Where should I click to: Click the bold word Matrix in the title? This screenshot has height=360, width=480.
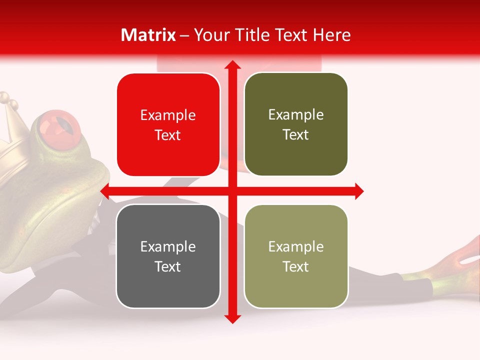tap(148, 35)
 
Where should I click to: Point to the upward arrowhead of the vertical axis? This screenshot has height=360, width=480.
tap(232, 65)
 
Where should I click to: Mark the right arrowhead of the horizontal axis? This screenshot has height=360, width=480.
tap(358, 191)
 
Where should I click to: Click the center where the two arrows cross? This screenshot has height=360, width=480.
tap(232, 191)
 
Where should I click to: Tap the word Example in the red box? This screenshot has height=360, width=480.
tap(168, 115)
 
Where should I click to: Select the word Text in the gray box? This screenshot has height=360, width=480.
tap(168, 266)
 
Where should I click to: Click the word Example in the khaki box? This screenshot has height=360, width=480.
tap(296, 246)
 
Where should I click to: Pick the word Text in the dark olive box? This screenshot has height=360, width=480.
tap(296, 135)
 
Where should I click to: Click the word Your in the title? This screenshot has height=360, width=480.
tap(210, 35)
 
